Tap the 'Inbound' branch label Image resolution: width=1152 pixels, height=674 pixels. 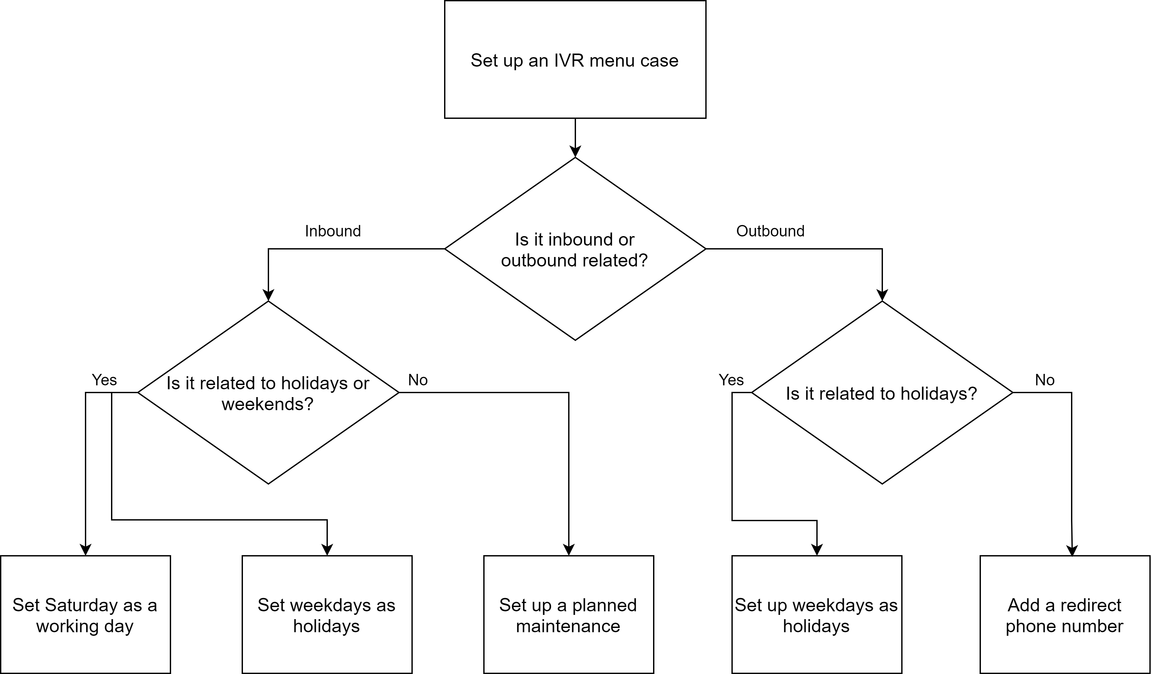pos(333,231)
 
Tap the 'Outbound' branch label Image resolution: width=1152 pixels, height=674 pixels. pos(770,231)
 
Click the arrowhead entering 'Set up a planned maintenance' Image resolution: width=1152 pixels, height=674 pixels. pos(569,550)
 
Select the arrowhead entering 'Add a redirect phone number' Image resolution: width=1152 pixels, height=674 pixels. pos(1072,551)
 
